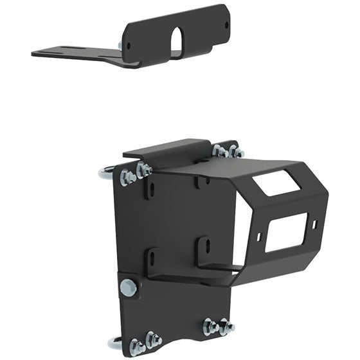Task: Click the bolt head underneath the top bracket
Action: (121, 46)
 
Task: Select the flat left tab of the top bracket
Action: (64, 51)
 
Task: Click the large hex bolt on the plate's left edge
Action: (128, 286)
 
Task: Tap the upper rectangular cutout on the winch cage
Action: (276, 183)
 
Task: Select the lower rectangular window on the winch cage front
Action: (282, 233)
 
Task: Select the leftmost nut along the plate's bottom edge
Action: (137, 346)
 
